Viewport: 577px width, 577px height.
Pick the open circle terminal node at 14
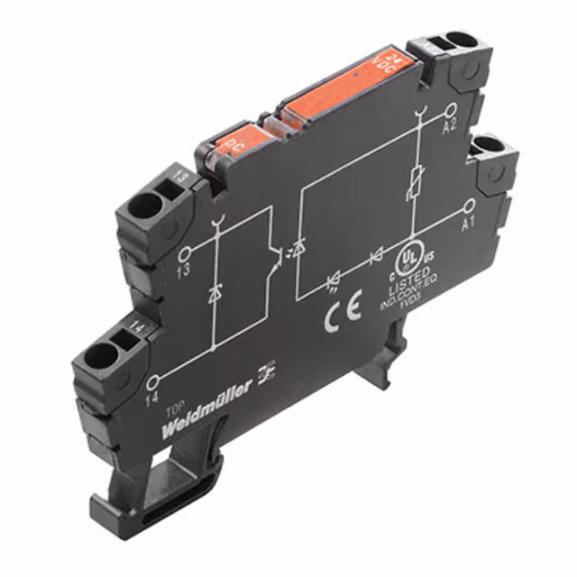coord(156,380)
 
